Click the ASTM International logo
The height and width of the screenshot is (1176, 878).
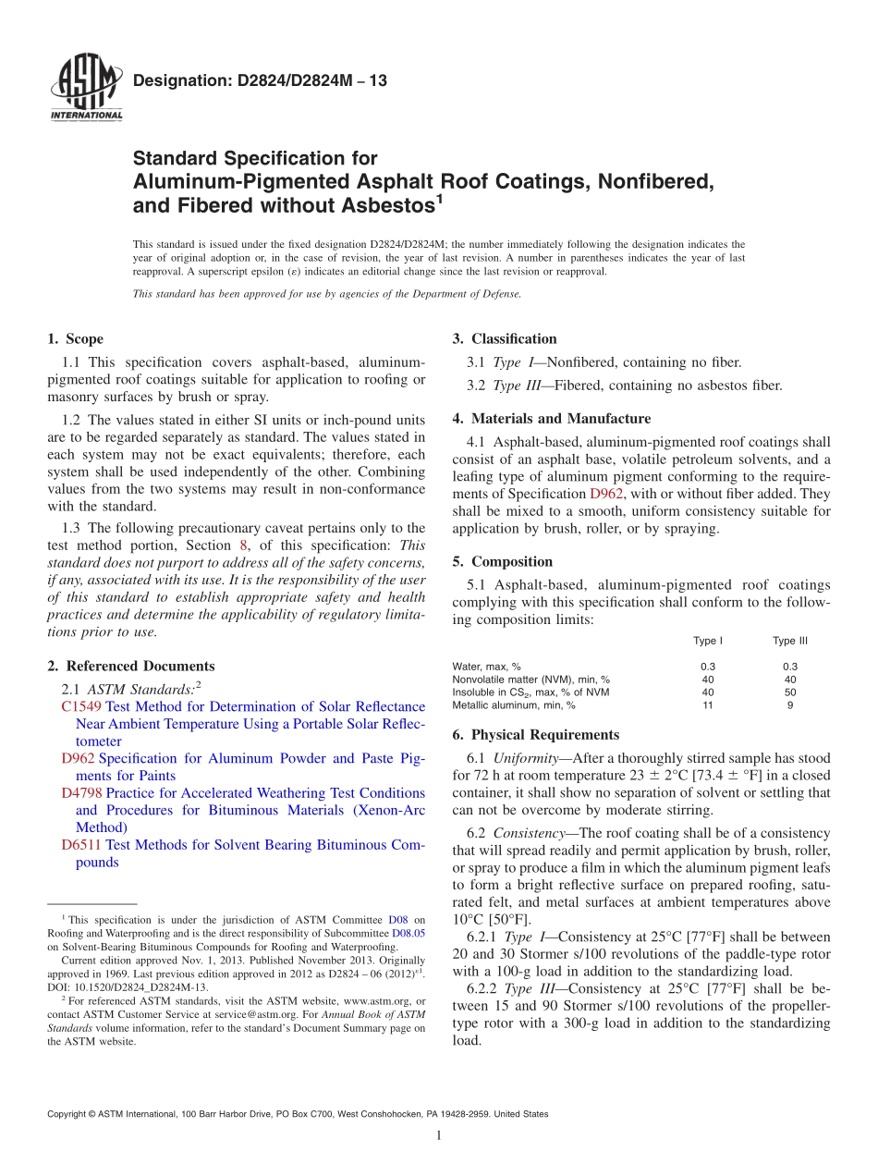click(86, 89)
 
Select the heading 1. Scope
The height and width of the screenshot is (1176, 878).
click(75, 339)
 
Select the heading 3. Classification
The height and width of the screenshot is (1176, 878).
click(505, 339)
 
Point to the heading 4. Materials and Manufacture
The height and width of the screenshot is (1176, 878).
click(551, 419)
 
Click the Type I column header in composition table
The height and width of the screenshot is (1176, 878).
click(708, 641)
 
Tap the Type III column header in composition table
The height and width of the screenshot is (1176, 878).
click(790, 641)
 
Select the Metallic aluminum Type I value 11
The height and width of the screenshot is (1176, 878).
click(708, 705)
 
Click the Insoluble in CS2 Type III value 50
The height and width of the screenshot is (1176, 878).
click(790, 692)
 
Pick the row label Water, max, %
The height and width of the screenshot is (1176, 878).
click(486, 667)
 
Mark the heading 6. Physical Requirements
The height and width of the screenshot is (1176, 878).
click(536, 735)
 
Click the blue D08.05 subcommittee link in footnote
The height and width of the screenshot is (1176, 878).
click(409, 934)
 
